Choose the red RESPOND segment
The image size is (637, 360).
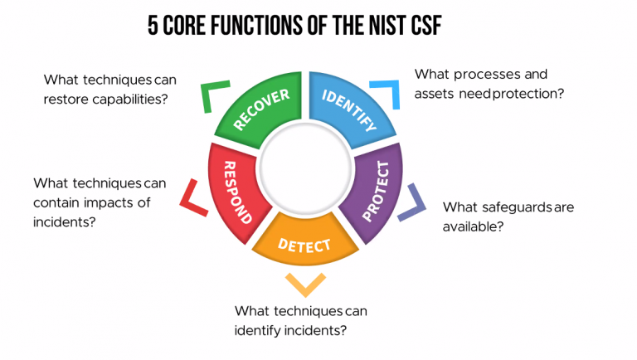tap(234, 191)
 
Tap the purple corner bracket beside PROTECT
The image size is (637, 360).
tap(413, 202)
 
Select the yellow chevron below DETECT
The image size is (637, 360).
tap(305, 285)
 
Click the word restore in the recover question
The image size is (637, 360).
tap(68, 99)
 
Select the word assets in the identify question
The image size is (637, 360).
tap(435, 94)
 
